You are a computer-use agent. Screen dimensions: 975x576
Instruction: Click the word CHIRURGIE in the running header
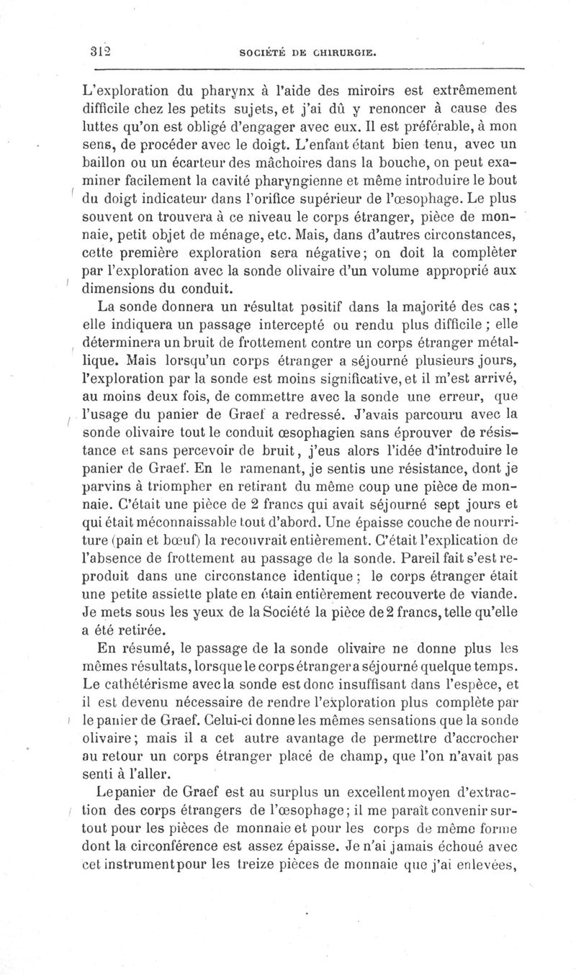pyautogui.click(x=343, y=53)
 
